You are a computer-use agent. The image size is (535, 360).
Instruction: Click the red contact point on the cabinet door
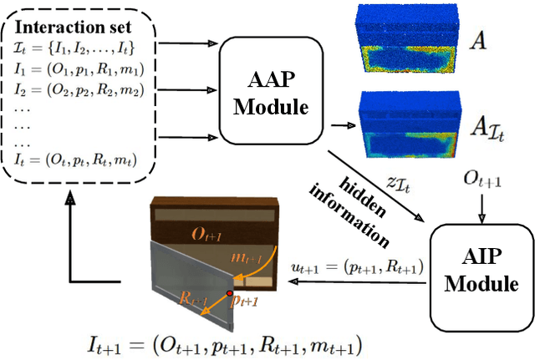click(231, 294)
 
